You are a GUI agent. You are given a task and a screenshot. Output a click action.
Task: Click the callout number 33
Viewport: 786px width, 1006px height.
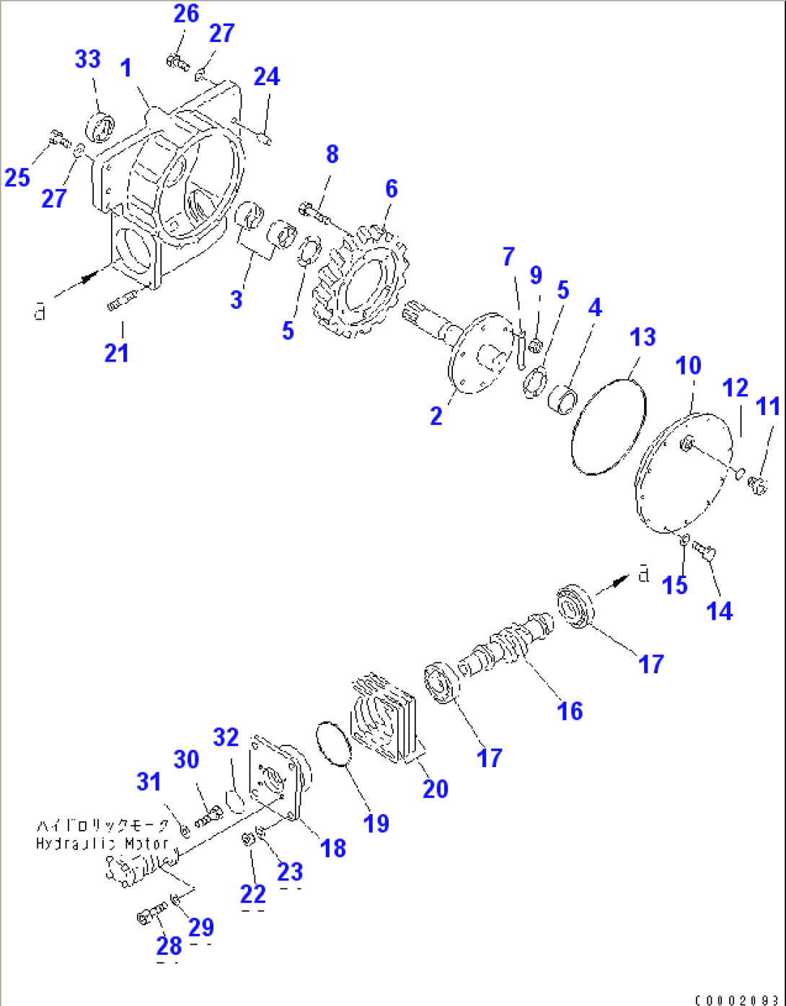pyautogui.click(x=88, y=59)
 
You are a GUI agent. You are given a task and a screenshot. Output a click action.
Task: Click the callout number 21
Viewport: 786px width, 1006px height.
pyautogui.click(x=117, y=353)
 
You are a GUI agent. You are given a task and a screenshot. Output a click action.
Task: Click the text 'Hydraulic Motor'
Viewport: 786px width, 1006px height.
pyautogui.click(x=102, y=843)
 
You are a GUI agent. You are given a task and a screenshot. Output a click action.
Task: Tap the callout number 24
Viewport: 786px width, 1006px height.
pyautogui.click(x=267, y=77)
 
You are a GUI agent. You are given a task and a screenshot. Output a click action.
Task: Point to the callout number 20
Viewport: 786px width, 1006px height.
pyautogui.click(x=436, y=789)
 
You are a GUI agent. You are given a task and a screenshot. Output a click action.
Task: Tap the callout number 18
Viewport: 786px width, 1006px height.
pyautogui.click(x=333, y=848)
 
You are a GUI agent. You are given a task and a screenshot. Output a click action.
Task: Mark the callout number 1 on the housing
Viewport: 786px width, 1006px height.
pyautogui.click(x=126, y=69)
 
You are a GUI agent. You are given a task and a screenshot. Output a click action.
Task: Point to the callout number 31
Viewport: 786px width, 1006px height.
pyautogui.click(x=149, y=782)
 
